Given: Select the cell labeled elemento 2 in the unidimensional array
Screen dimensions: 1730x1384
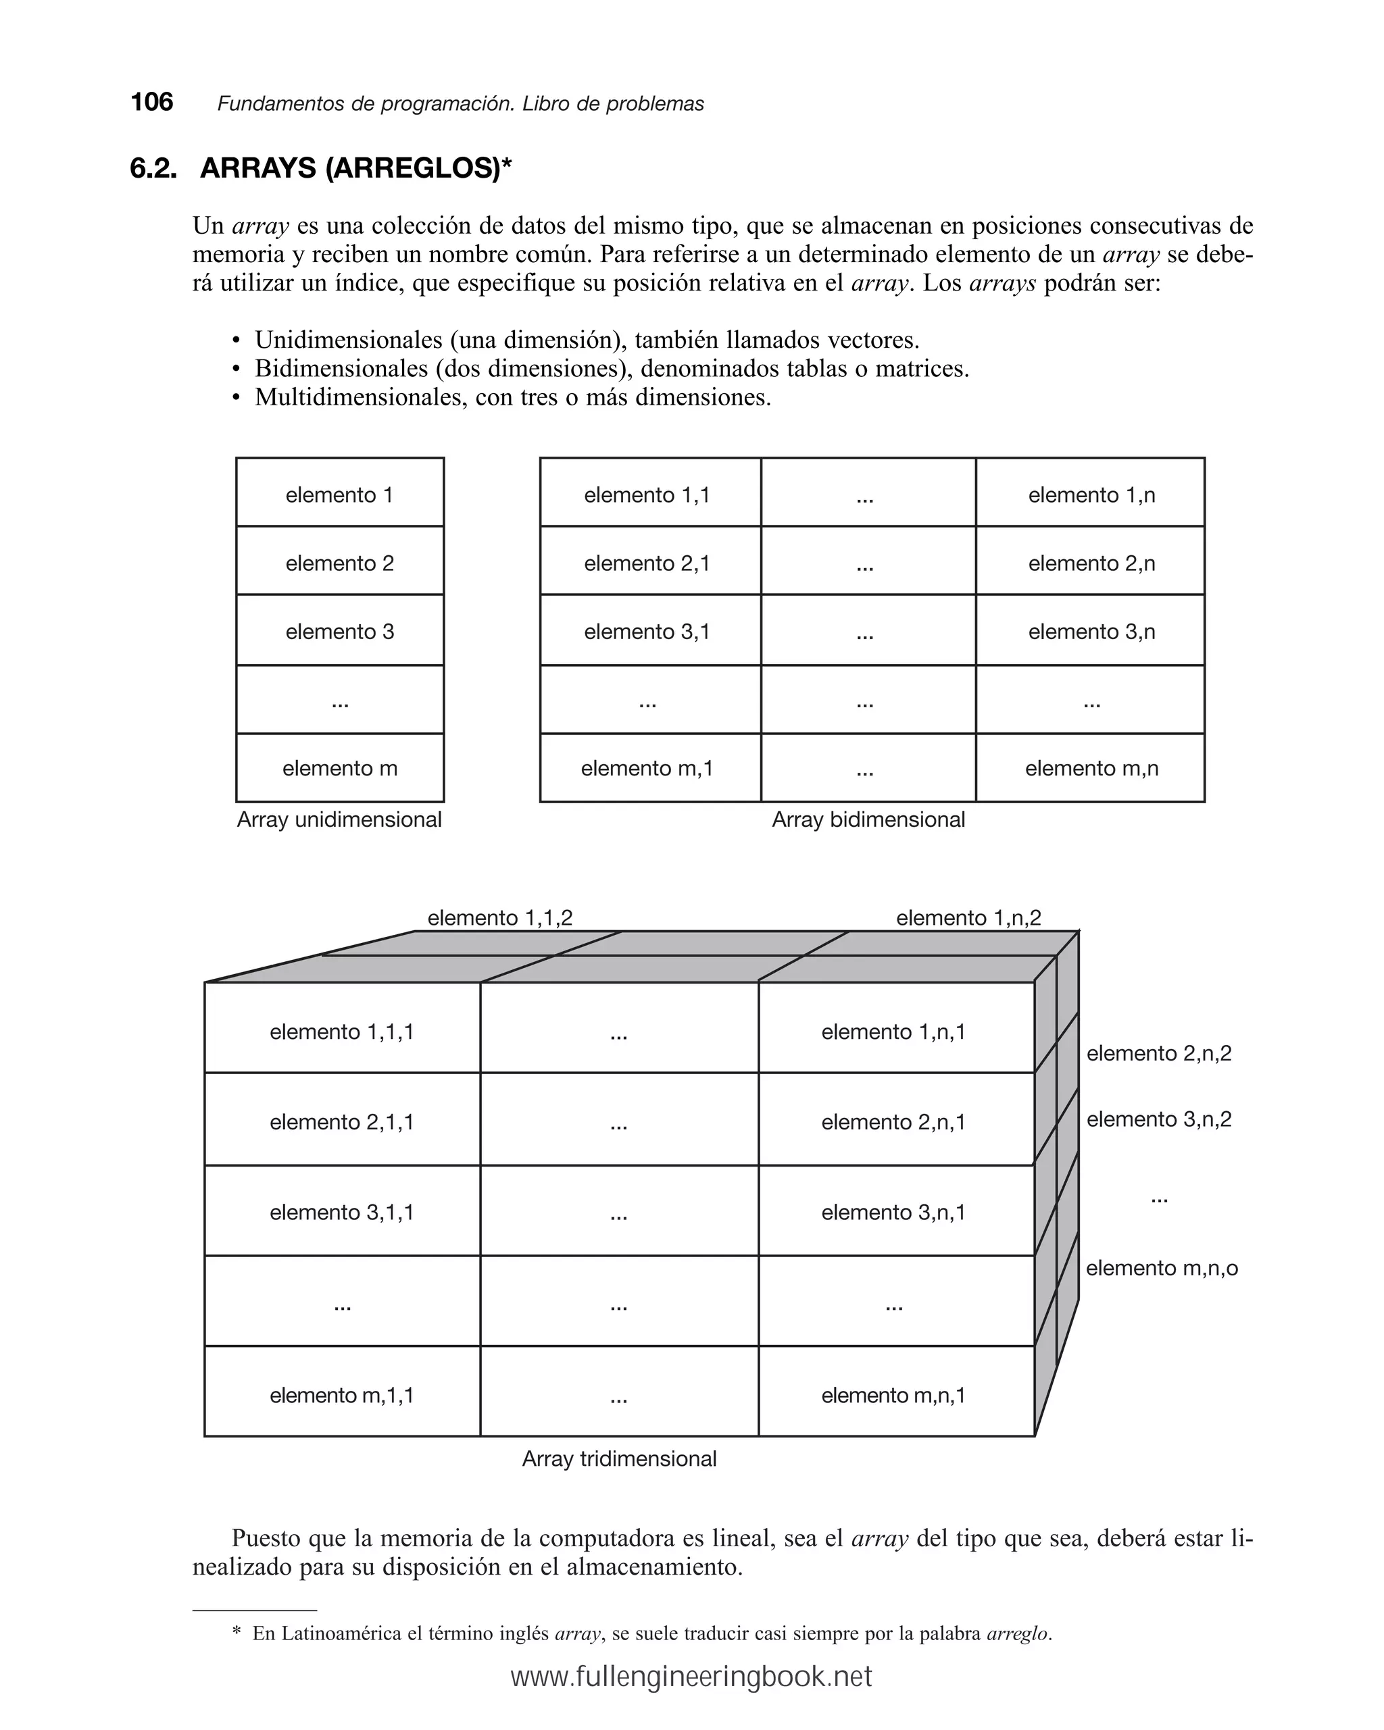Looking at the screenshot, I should [339, 563].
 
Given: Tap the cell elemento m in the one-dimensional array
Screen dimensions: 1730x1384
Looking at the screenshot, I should [339, 769].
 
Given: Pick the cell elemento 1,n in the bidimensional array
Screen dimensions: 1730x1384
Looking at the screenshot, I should [1091, 495].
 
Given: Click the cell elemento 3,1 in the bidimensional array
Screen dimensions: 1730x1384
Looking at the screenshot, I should [647, 632].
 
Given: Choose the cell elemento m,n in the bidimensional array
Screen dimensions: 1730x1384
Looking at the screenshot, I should [1091, 769].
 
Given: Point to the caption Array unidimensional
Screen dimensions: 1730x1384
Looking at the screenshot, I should [339, 820].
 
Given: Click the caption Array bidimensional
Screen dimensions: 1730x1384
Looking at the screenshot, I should [868, 820].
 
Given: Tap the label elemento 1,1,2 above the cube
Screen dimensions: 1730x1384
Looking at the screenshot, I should [499, 918].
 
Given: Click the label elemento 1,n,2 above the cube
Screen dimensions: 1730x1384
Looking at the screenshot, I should [968, 918].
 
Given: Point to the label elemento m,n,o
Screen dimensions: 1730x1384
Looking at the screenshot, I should [1162, 1268].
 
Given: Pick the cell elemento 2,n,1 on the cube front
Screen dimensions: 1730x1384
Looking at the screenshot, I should [893, 1122].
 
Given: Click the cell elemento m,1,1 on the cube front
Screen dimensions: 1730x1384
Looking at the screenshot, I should [341, 1396].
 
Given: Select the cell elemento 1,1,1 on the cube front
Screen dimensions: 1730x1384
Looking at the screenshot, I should [341, 1032].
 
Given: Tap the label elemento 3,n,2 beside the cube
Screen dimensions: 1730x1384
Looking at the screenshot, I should [1158, 1119].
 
